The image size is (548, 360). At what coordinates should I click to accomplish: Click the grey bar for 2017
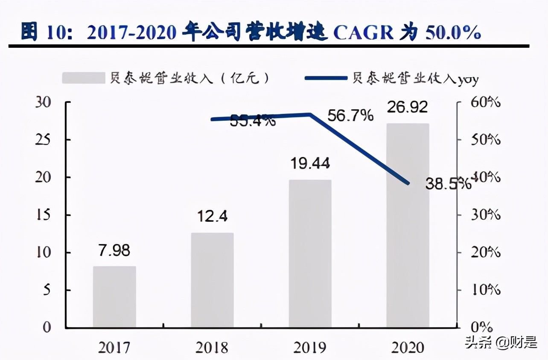coord(114,297)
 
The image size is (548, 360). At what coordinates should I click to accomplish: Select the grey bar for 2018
coord(212,280)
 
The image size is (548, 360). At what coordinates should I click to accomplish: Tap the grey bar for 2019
coord(310,254)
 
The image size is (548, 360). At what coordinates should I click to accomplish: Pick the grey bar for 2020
coord(408,226)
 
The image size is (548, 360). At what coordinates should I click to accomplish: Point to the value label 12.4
coord(212,216)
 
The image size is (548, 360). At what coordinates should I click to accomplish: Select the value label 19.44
coord(310,163)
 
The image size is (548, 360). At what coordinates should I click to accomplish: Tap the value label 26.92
coord(407,107)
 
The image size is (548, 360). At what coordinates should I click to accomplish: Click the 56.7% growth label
coord(350,115)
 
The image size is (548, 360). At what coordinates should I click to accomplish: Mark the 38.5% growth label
coord(448,184)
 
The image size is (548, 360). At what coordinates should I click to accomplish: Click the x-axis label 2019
coord(310,348)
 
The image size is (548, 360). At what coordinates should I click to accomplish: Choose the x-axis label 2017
coord(114,348)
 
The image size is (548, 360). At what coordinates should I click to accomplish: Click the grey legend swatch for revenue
coord(83,78)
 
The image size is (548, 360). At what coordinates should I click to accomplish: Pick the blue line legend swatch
coord(326,78)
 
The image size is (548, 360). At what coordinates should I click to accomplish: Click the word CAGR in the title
coord(363,33)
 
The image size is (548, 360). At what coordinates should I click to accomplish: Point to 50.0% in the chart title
coord(453,33)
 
